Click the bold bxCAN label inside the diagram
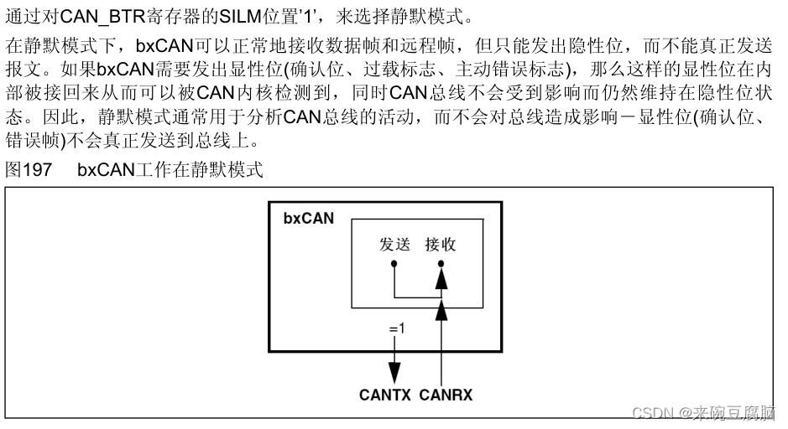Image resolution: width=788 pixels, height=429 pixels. click(x=308, y=219)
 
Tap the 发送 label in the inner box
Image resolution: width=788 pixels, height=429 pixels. click(x=394, y=245)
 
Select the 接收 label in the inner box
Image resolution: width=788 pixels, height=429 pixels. click(x=441, y=245)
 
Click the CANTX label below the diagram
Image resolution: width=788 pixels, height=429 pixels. click(x=384, y=394)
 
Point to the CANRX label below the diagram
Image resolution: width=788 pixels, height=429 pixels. click(x=446, y=394)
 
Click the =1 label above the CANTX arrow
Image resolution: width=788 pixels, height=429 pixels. click(x=396, y=329)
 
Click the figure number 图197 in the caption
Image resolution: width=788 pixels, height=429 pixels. click(x=29, y=170)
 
